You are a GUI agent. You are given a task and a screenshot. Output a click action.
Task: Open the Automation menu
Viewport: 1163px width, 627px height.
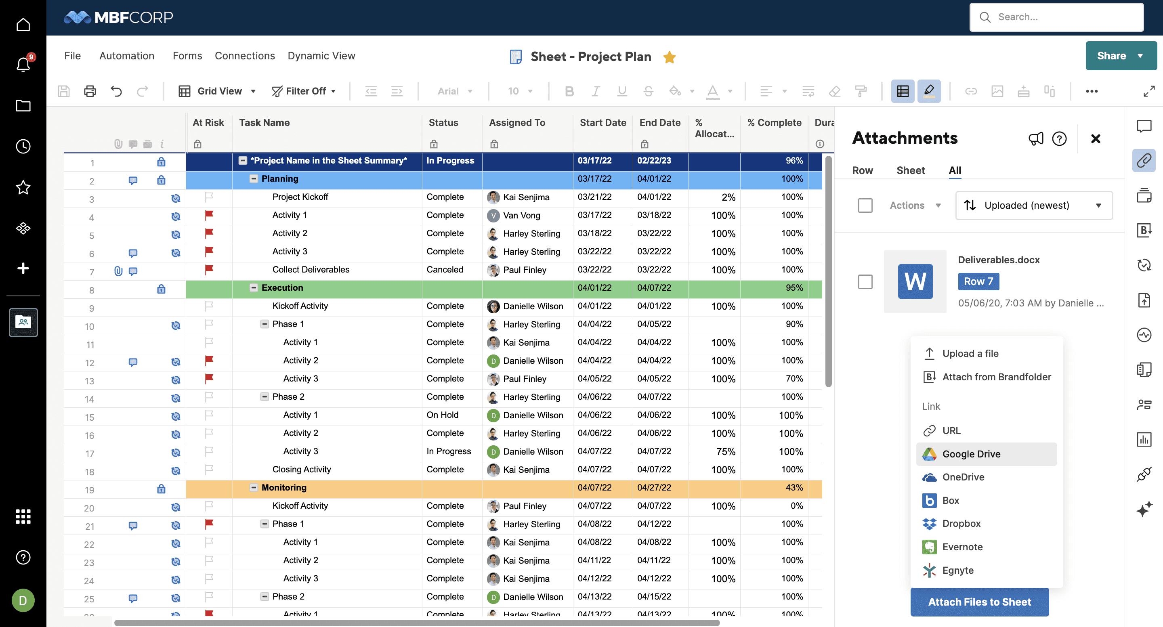pos(127,56)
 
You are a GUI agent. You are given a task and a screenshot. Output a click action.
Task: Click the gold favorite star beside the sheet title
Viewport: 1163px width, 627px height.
pos(669,57)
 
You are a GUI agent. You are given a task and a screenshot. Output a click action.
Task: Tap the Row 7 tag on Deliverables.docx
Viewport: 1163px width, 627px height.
pos(978,282)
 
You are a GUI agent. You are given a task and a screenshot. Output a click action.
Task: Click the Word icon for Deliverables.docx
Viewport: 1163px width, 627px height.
pos(915,282)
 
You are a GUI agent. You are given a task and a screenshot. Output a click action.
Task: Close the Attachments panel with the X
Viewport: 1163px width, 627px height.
pos(1095,138)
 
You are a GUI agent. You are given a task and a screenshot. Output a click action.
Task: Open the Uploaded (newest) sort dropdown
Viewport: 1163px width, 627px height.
pos(1033,206)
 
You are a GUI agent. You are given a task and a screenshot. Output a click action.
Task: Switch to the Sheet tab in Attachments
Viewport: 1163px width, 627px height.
pos(910,171)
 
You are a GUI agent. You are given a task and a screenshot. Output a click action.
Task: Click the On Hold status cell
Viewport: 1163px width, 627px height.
pos(443,415)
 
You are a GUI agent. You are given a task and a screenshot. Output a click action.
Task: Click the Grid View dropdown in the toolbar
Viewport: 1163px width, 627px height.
pos(218,91)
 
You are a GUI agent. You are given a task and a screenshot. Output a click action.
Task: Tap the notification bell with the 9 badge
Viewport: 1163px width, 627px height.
pos(23,65)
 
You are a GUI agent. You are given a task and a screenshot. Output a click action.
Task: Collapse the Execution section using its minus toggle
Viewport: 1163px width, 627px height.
pos(254,288)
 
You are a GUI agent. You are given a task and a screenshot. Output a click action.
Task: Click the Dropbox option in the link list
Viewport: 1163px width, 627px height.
pos(961,524)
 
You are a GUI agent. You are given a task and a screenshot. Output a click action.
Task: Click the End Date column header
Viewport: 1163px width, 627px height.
pos(659,123)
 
